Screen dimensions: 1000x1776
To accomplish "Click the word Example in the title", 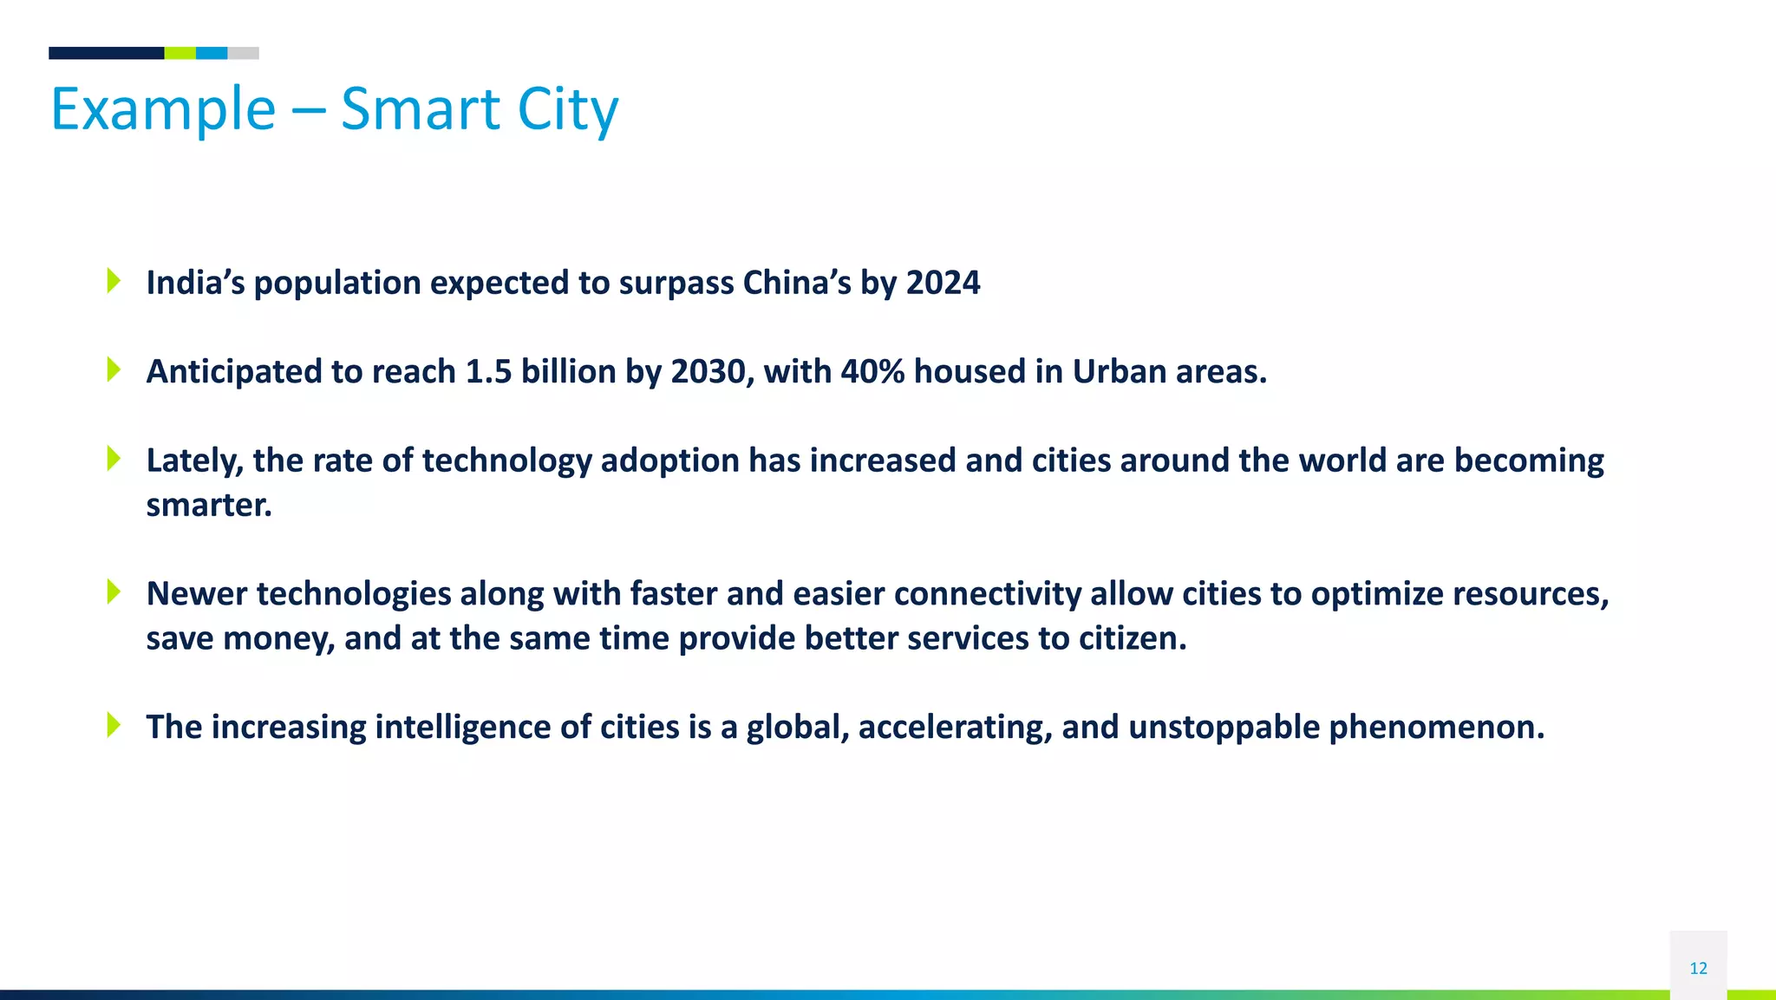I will [163, 110].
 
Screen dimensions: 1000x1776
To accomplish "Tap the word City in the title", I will [568, 110].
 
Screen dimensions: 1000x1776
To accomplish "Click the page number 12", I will [1698, 968].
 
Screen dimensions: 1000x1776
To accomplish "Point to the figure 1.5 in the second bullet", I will [488, 372].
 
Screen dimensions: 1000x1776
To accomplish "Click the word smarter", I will [209, 506].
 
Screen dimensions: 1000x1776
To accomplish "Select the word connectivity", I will [987, 594].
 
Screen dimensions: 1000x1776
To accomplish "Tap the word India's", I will [196, 283].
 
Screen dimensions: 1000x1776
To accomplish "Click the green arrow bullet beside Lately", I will [114, 458].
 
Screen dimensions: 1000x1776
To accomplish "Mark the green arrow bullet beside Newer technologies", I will [114, 592].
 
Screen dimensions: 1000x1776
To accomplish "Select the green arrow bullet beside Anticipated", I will [114, 369].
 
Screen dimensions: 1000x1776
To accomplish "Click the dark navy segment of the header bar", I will [106, 53].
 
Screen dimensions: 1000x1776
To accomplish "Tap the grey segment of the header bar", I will [243, 53].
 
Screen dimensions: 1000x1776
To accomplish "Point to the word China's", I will [797, 283].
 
